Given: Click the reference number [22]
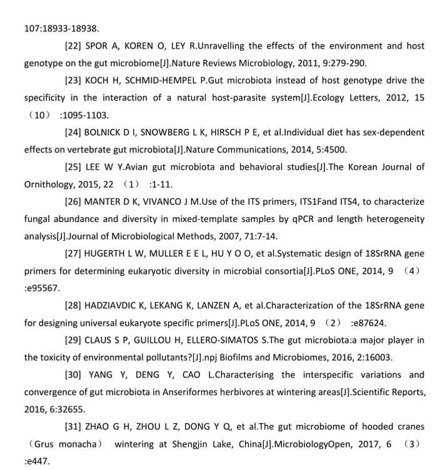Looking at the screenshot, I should (x=74, y=46).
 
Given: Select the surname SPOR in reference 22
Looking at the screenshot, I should (x=98, y=46).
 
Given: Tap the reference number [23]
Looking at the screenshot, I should (x=74, y=81).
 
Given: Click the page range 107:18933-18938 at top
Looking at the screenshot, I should (x=61, y=28).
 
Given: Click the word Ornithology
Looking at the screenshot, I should (x=51, y=185).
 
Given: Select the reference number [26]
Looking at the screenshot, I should (x=74, y=202).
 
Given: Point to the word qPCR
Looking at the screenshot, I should (x=292, y=219).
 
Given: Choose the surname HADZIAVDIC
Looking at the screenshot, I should (x=114, y=305).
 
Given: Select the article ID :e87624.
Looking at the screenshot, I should (x=368, y=323).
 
